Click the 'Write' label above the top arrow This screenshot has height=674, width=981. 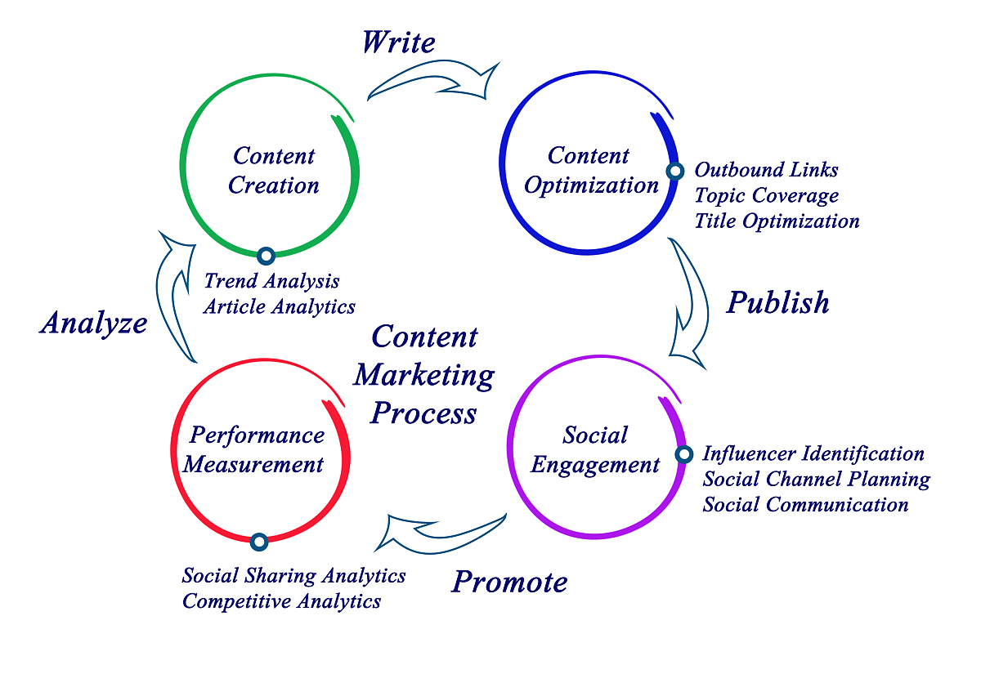(x=399, y=42)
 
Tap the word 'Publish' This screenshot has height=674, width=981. (x=778, y=303)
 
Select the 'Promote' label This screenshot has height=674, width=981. (x=509, y=582)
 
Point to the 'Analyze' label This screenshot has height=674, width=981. (x=94, y=324)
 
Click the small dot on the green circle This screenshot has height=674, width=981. (x=265, y=256)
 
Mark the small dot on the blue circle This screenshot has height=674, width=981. (x=674, y=171)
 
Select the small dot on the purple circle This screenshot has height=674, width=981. (x=683, y=454)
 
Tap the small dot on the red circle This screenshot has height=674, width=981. (x=259, y=541)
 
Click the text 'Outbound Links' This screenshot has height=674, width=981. (x=766, y=170)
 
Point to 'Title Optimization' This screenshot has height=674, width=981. (x=777, y=221)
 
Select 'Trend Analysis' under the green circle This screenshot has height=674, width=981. (x=271, y=281)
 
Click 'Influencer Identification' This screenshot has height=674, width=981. (x=813, y=453)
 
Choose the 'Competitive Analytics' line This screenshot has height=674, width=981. (x=281, y=602)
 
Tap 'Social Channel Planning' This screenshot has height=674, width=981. (x=816, y=479)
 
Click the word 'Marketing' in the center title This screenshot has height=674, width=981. (x=424, y=375)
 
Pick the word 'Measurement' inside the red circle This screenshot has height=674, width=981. (x=253, y=465)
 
